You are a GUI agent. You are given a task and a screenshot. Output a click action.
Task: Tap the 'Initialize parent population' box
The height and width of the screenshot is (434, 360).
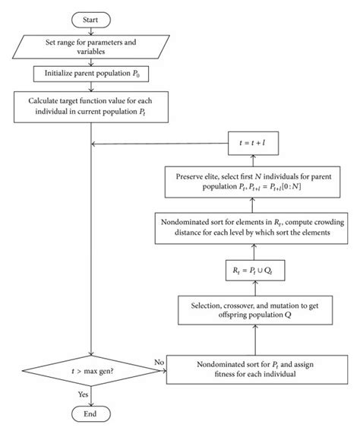91,74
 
